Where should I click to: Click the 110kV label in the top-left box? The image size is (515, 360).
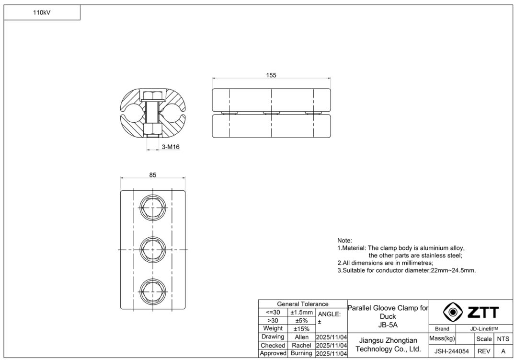(x=42, y=13)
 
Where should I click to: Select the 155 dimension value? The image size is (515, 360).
(x=271, y=75)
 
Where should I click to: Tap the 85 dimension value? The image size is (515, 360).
(x=152, y=175)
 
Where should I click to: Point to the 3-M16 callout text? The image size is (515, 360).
(x=171, y=147)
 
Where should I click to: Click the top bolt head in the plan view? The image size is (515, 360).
(x=153, y=208)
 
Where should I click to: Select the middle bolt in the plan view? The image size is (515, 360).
(x=153, y=249)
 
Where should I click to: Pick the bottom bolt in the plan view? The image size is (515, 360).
(x=153, y=290)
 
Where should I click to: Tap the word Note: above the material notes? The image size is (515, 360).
(x=344, y=240)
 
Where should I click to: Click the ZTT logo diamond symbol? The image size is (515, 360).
(x=452, y=312)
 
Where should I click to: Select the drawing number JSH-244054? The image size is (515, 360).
(x=451, y=351)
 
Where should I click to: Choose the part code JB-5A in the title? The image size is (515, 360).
(x=388, y=325)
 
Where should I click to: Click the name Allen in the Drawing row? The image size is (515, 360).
(x=301, y=337)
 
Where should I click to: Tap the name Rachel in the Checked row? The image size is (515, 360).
(x=301, y=345)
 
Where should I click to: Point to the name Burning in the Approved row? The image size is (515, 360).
(x=301, y=353)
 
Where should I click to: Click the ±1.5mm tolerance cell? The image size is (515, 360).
(x=301, y=312)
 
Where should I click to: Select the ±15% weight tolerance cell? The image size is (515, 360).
(x=301, y=329)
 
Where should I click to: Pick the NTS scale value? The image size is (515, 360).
(x=503, y=339)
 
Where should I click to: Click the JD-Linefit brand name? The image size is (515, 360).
(x=484, y=329)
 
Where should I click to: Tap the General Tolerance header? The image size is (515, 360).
(x=302, y=304)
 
